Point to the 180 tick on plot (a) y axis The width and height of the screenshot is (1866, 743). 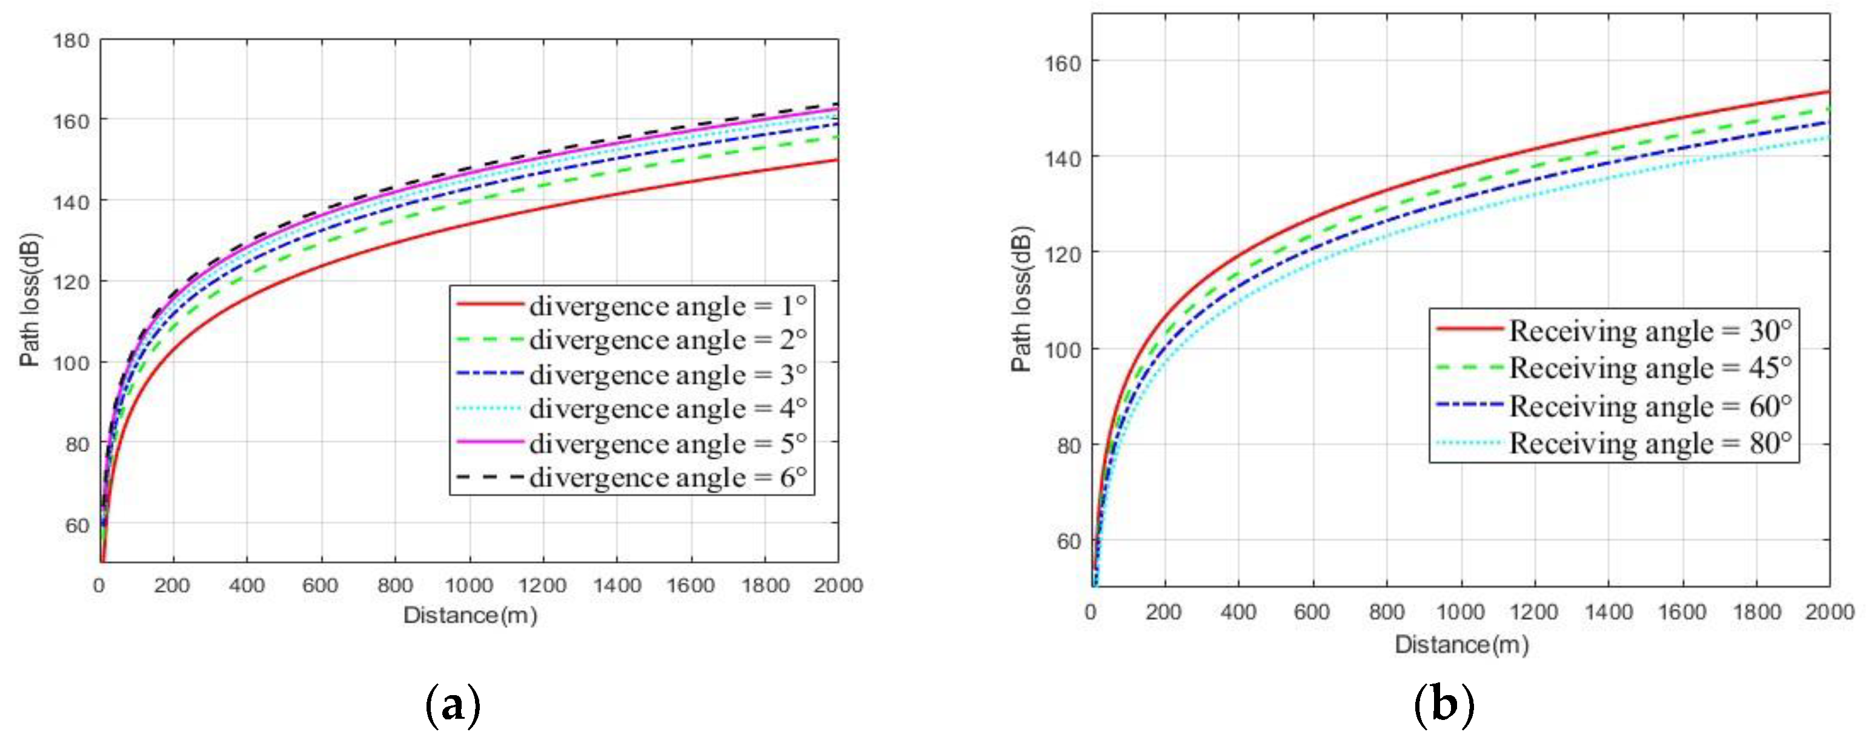point(71,41)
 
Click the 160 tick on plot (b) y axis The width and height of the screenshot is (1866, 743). point(1062,64)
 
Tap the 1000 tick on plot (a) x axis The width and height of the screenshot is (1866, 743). point(469,585)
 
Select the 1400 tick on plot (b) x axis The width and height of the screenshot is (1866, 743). point(1608,612)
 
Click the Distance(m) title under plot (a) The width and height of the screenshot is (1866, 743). point(470,615)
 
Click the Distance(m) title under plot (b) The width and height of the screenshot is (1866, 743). point(1461,644)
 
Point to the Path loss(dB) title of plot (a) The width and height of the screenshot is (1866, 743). point(30,300)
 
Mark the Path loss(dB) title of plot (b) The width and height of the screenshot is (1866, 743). point(1021,300)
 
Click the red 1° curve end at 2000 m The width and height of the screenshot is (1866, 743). point(837,160)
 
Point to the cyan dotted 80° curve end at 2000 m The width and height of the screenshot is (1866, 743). point(1828,137)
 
